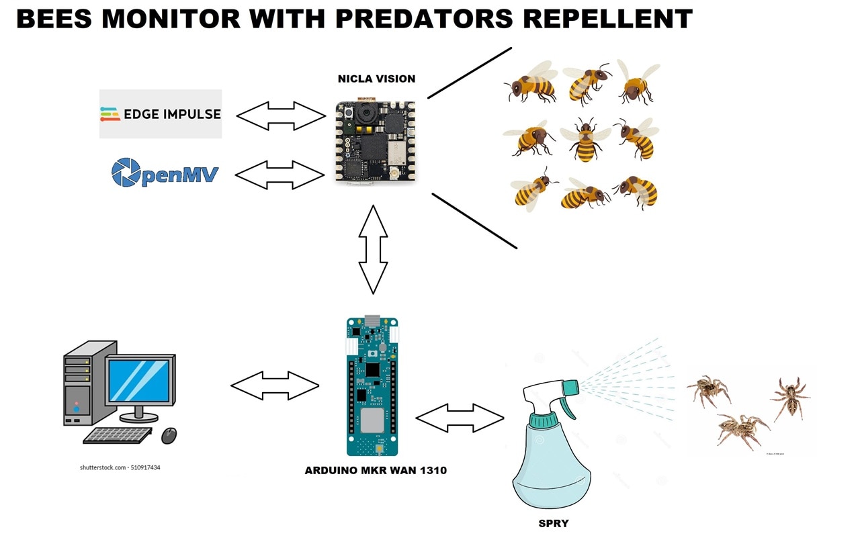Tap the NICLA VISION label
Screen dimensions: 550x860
pos(376,79)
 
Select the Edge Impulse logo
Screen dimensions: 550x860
pos(161,114)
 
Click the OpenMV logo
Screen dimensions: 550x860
pos(165,173)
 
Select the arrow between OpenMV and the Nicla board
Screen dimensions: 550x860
pos(280,175)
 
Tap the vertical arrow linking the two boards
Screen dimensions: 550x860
pos(374,249)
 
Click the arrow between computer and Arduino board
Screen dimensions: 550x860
pos(275,385)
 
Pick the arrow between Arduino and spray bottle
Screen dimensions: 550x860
pos(460,419)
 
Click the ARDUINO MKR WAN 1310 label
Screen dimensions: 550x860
pos(376,470)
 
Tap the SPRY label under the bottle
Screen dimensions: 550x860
pos(554,523)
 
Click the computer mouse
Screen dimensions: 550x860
pos(169,436)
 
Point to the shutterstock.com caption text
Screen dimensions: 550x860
pos(120,467)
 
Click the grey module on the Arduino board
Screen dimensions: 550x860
pos(372,420)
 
